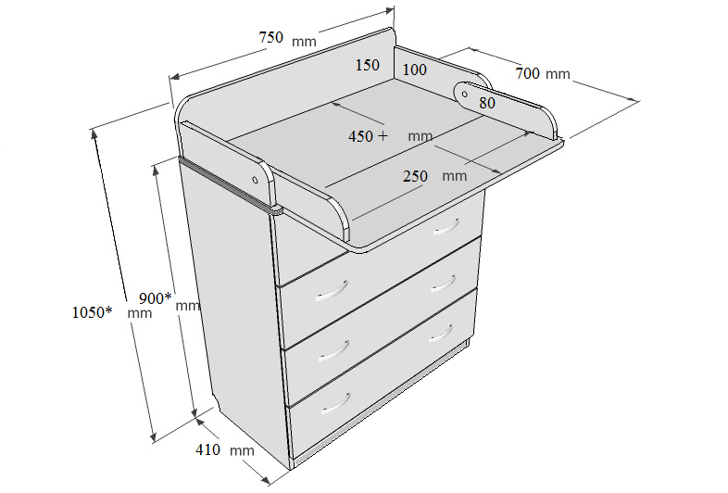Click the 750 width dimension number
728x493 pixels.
coord(270,37)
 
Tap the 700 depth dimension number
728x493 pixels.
coord(527,73)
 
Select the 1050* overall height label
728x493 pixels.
coord(92,312)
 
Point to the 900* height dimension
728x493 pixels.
coord(155,297)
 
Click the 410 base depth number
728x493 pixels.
coord(207,449)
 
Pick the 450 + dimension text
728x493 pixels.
coord(368,136)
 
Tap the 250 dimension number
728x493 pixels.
coord(415,176)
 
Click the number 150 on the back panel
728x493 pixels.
coord(368,65)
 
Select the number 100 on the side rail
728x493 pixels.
coord(414,70)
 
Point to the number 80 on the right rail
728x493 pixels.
coord(487,103)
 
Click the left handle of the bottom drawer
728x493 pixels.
coord(335,404)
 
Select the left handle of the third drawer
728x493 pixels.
coord(334,351)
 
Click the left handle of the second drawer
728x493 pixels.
coord(332,290)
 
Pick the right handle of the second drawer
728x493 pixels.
coord(444,284)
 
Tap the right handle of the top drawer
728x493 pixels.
coord(446,227)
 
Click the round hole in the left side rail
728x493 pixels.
coord(255,180)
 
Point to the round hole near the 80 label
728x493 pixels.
coord(465,95)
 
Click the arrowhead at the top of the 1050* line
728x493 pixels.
coord(94,134)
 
